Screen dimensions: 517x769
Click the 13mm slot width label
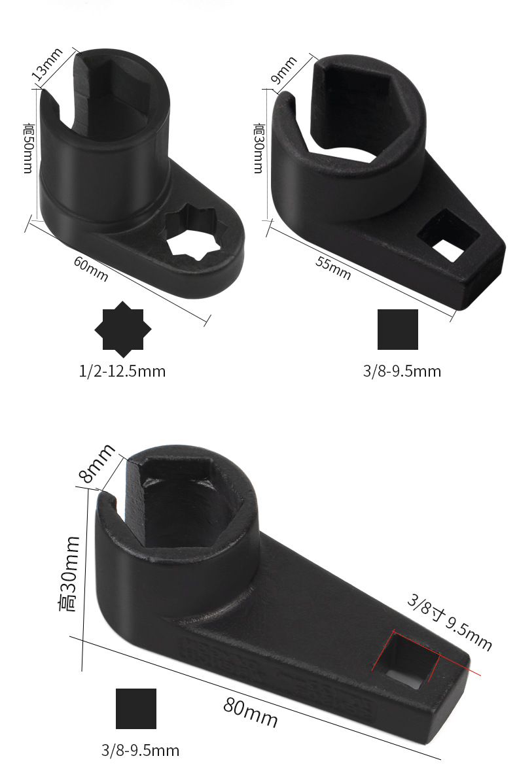pyautogui.click(x=47, y=64)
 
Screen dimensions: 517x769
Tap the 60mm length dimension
pyautogui.click(x=91, y=268)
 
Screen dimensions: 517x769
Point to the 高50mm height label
pyautogui.click(x=29, y=148)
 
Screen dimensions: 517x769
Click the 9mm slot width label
pyautogui.click(x=284, y=69)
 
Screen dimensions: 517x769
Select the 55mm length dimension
pyautogui.click(x=333, y=268)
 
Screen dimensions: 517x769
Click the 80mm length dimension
pyautogui.click(x=251, y=713)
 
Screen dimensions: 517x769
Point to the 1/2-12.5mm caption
pyautogui.click(x=122, y=371)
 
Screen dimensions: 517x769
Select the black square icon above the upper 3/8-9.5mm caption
pyautogui.click(x=398, y=329)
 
